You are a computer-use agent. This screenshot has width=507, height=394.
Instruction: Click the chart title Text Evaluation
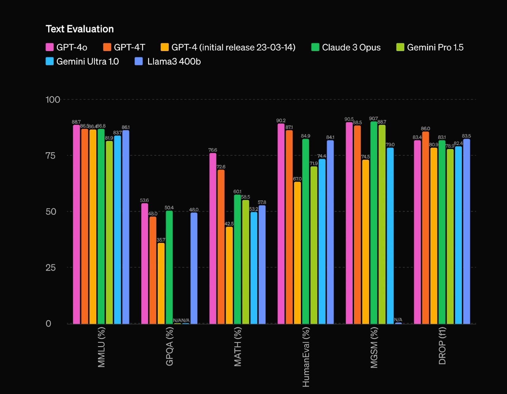(x=80, y=29)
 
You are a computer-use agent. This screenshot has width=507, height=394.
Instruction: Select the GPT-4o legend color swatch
(x=50, y=47)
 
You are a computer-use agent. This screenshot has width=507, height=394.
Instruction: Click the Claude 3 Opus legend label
(x=351, y=47)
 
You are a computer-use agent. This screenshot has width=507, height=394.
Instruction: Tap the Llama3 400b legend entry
(x=174, y=62)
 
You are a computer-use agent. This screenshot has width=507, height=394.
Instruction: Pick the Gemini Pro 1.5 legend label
(x=435, y=47)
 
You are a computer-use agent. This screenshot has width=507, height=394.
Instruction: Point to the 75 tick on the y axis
(x=50, y=155)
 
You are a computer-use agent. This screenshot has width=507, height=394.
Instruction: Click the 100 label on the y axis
(x=53, y=100)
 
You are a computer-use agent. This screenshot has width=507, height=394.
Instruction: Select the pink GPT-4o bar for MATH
(x=213, y=238)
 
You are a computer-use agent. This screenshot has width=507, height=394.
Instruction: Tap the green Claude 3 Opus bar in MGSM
(x=374, y=222)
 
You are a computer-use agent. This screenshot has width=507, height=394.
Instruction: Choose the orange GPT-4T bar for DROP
(x=426, y=227)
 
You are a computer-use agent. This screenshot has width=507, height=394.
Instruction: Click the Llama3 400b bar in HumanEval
(x=330, y=232)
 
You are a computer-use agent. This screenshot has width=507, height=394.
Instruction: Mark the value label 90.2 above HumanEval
(x=281, y=121)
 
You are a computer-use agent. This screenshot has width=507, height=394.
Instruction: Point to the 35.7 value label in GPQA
(x=161, y=240)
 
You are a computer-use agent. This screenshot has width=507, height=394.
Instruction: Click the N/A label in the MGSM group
(x=398, y=319)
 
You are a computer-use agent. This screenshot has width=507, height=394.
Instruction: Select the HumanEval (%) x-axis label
(x=306, y=357)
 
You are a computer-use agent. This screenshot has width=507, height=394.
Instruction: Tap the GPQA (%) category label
(x=170, y=346)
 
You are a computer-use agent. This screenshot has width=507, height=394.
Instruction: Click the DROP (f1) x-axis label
(x=442, y=346)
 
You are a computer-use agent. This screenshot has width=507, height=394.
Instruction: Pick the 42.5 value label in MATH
(x=229, y=224)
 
